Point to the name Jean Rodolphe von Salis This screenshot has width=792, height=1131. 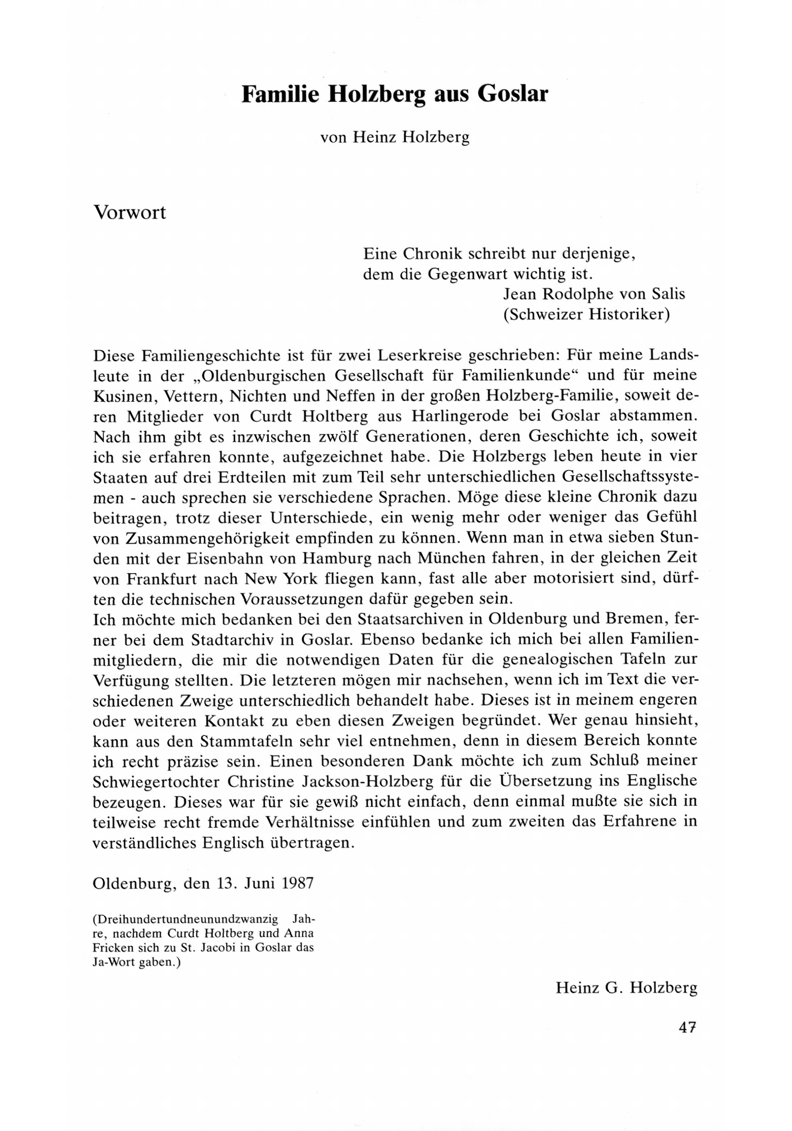(594, 294)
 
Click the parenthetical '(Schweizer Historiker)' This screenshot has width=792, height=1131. (587, 315)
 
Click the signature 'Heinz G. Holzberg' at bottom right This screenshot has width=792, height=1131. (626, 988)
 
